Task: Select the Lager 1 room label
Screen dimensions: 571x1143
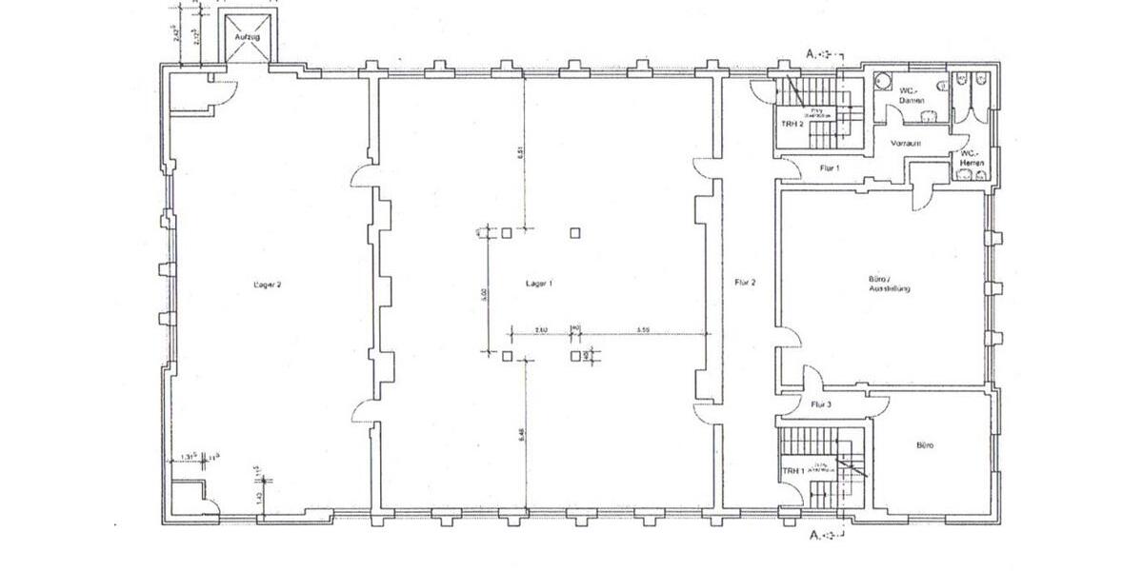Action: coord(539,284)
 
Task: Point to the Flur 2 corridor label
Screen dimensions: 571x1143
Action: coord(745,283)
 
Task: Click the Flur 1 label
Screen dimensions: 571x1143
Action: coord(829,168)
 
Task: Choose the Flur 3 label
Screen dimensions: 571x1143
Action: coord(821,404)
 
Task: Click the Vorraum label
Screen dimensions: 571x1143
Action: coord(904,143)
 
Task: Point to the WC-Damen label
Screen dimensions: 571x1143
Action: coord(912,95)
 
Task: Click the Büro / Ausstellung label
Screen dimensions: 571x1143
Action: coord(890,284)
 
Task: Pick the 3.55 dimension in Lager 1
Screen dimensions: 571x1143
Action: coord(643,329)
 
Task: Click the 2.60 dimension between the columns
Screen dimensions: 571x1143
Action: coord(540,329)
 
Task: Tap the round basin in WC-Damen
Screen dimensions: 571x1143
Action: coord(883,82)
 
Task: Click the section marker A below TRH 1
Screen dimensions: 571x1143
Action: coord(813,536)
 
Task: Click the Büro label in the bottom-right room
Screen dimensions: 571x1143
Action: coord(924,444)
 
